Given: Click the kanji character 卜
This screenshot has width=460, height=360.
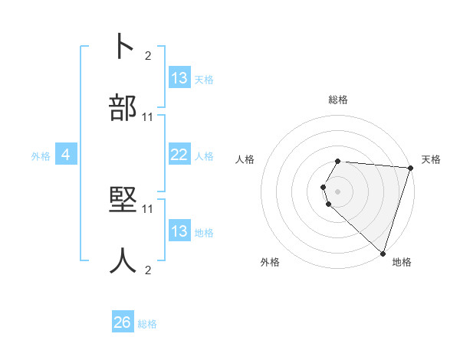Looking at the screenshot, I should (x=123, y=47).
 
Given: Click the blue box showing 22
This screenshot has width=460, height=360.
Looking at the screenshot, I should (x=179, y=155).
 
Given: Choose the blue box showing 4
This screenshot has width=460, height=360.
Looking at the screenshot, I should (x=66, y=155).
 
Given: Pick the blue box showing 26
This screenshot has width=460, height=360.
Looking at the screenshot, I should (x=123, y=322).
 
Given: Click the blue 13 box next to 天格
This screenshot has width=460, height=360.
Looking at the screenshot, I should (x=179, y=78).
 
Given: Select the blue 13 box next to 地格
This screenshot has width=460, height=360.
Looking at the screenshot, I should (x=179, y=231).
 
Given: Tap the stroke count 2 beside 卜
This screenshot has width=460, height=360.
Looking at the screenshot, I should (x=148, y=55).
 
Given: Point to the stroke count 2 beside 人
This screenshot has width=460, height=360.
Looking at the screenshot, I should (x=148, y=270).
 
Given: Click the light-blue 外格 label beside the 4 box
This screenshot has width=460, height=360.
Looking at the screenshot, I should (x=41, y=155).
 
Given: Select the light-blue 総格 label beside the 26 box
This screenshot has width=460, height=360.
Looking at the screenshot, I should (x=147, y=324).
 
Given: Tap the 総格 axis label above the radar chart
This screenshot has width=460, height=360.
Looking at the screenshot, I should (x=338, y=100).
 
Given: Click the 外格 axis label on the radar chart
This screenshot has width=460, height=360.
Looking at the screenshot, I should (x=270, y=262).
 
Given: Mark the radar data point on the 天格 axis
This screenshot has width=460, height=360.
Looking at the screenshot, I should (x=411, y=169).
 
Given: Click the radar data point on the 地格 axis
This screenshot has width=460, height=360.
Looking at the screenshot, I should (x=383, y=253).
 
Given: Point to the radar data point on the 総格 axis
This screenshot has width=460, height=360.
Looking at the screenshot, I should (x=338, y=161).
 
